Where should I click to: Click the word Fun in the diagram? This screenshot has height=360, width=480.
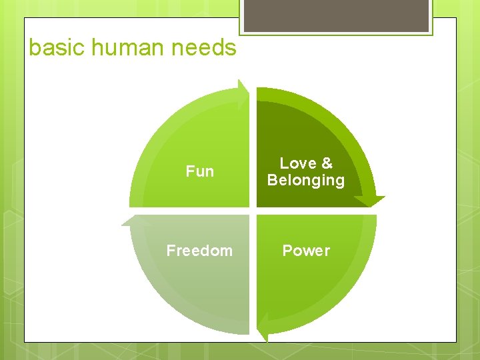200,171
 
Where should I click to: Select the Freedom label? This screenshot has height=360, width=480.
199,251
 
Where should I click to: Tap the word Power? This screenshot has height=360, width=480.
306,251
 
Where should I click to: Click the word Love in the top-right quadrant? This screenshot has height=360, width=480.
297,163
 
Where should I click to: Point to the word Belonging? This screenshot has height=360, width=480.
306,180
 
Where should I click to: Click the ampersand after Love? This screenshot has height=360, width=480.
326,163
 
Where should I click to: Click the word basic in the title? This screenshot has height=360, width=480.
56,48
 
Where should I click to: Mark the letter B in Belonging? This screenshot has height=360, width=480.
272,180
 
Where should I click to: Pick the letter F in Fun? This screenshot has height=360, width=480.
190,171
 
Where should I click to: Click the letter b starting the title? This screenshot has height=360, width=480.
35,48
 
